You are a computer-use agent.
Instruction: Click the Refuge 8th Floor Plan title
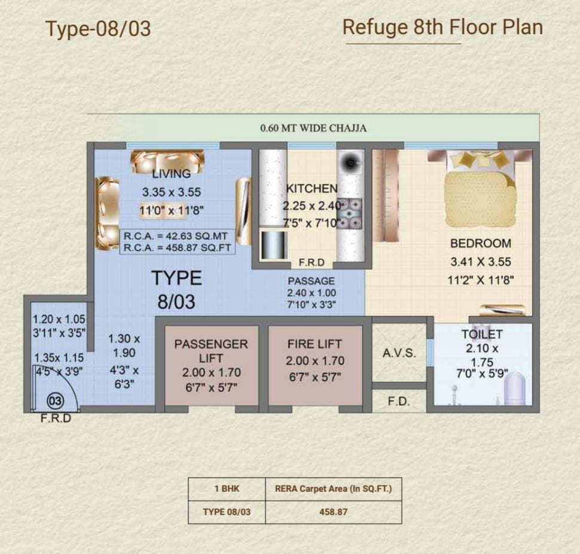(x=442, y=27)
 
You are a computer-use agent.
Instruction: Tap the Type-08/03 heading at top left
(x=98, y=29)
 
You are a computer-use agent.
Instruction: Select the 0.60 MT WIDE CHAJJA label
(x=313, y=128)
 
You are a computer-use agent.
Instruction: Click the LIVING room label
(x=171, y=173)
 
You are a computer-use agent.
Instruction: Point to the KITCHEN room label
(x=312, y=188)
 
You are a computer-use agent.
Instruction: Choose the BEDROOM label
(x=481, y=243)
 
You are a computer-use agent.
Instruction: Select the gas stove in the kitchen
(x=350, y=214)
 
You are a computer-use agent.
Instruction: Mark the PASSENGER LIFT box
(x=211, y=365)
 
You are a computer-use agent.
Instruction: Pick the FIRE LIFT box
(x=315, y=365)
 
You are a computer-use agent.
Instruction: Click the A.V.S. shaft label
(x=399, y=353)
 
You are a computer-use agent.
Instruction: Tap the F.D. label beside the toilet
(x=399, y=401)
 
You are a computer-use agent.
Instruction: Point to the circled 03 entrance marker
(x=56, y=401)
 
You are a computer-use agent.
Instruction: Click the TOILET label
(x=482, y=334)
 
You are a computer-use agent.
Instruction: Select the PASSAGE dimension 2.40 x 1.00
(x=312, y=293)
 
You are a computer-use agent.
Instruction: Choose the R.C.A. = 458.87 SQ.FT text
(x=177, y=247)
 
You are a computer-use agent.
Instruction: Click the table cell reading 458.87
(x=333, y=512)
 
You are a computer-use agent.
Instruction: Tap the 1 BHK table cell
(x=227, y=489)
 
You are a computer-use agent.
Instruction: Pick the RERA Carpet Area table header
(x=333, y=489)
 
